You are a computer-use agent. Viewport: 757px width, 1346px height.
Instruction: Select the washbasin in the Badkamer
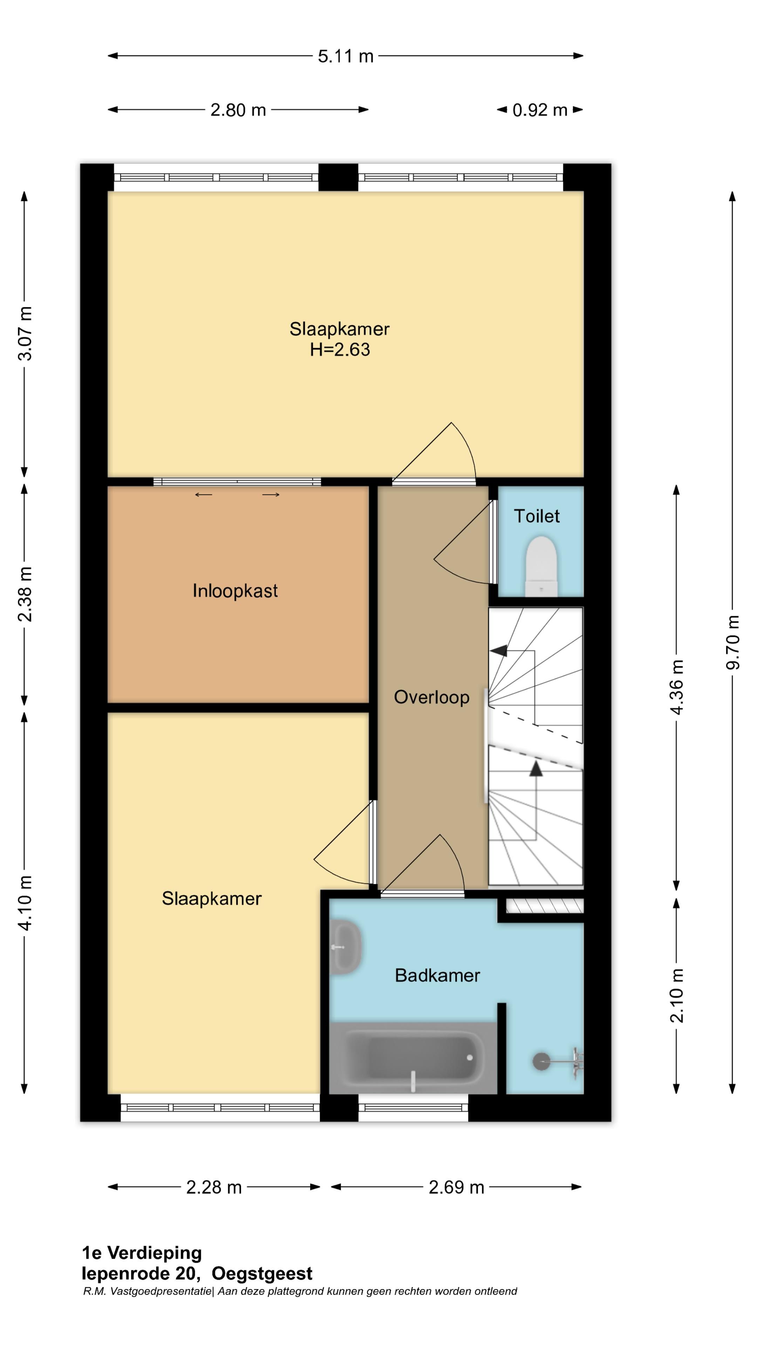coord(346,947)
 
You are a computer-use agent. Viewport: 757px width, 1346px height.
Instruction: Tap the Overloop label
coord(431,697)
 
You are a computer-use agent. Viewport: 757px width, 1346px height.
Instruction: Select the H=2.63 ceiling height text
coord(340,349)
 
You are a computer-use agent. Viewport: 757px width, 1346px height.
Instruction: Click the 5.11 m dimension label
coord(346,56)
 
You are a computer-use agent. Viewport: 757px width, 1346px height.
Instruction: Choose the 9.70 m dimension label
coord(732,642)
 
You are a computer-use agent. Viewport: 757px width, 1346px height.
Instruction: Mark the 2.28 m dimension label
coord(214,1188)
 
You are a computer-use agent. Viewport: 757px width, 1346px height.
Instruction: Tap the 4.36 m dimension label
coord(676,687)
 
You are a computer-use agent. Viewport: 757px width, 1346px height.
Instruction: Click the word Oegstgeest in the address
coord(262,1274)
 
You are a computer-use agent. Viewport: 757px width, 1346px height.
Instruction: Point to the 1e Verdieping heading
coord(142,1253)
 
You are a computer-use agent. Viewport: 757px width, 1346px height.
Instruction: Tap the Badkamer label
coord(437,975)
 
